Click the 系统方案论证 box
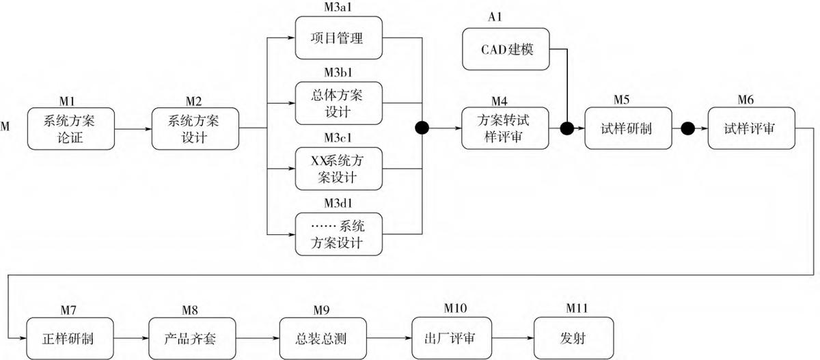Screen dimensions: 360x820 click(x=70, y=128)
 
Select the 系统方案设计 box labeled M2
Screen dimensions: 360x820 click(x=194, y=128)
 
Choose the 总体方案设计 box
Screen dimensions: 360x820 click(x=338, y=103)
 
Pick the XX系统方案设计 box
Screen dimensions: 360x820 click(x=338, y=168)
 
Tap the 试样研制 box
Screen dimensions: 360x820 click(x=628, y=128)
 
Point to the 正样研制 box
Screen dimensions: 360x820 click(x=70, y=338)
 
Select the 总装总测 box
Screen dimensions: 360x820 click(x=323, y=338)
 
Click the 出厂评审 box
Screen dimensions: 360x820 click(x=456, y=338)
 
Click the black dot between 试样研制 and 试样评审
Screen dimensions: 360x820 click(x=688, y=128)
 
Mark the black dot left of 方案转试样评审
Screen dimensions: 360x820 click(x=422, y=128)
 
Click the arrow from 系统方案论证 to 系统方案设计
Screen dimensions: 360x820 click(x=133, y=128)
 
